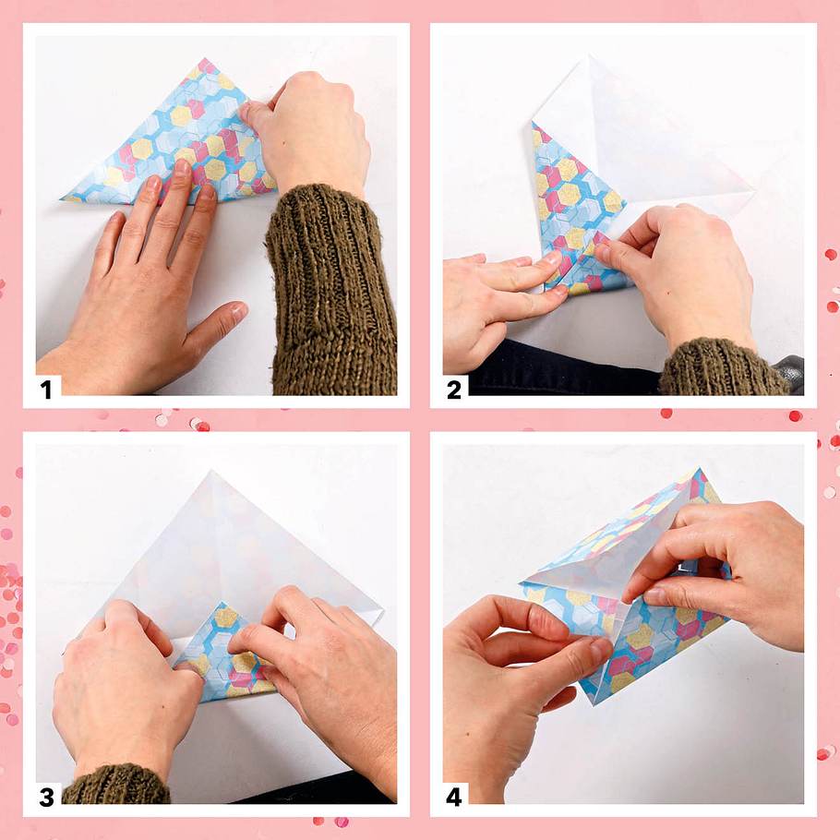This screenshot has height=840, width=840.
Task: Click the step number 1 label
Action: pos(46,390)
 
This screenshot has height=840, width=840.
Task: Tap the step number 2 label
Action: pos(454,390)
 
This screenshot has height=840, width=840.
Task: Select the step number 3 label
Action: pos(46,798)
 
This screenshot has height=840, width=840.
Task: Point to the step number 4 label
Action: pos(454,798)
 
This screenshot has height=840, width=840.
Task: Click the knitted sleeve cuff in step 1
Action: pos(332,289)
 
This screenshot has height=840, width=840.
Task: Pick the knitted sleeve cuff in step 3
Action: pos(115,785)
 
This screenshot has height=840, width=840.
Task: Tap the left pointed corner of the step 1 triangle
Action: pos(63,199)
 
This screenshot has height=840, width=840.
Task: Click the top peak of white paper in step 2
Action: pos(588,55)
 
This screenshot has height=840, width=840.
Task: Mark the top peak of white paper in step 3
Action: pos(212,472)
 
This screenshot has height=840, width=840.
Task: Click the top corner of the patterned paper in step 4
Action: pos(699,471)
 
